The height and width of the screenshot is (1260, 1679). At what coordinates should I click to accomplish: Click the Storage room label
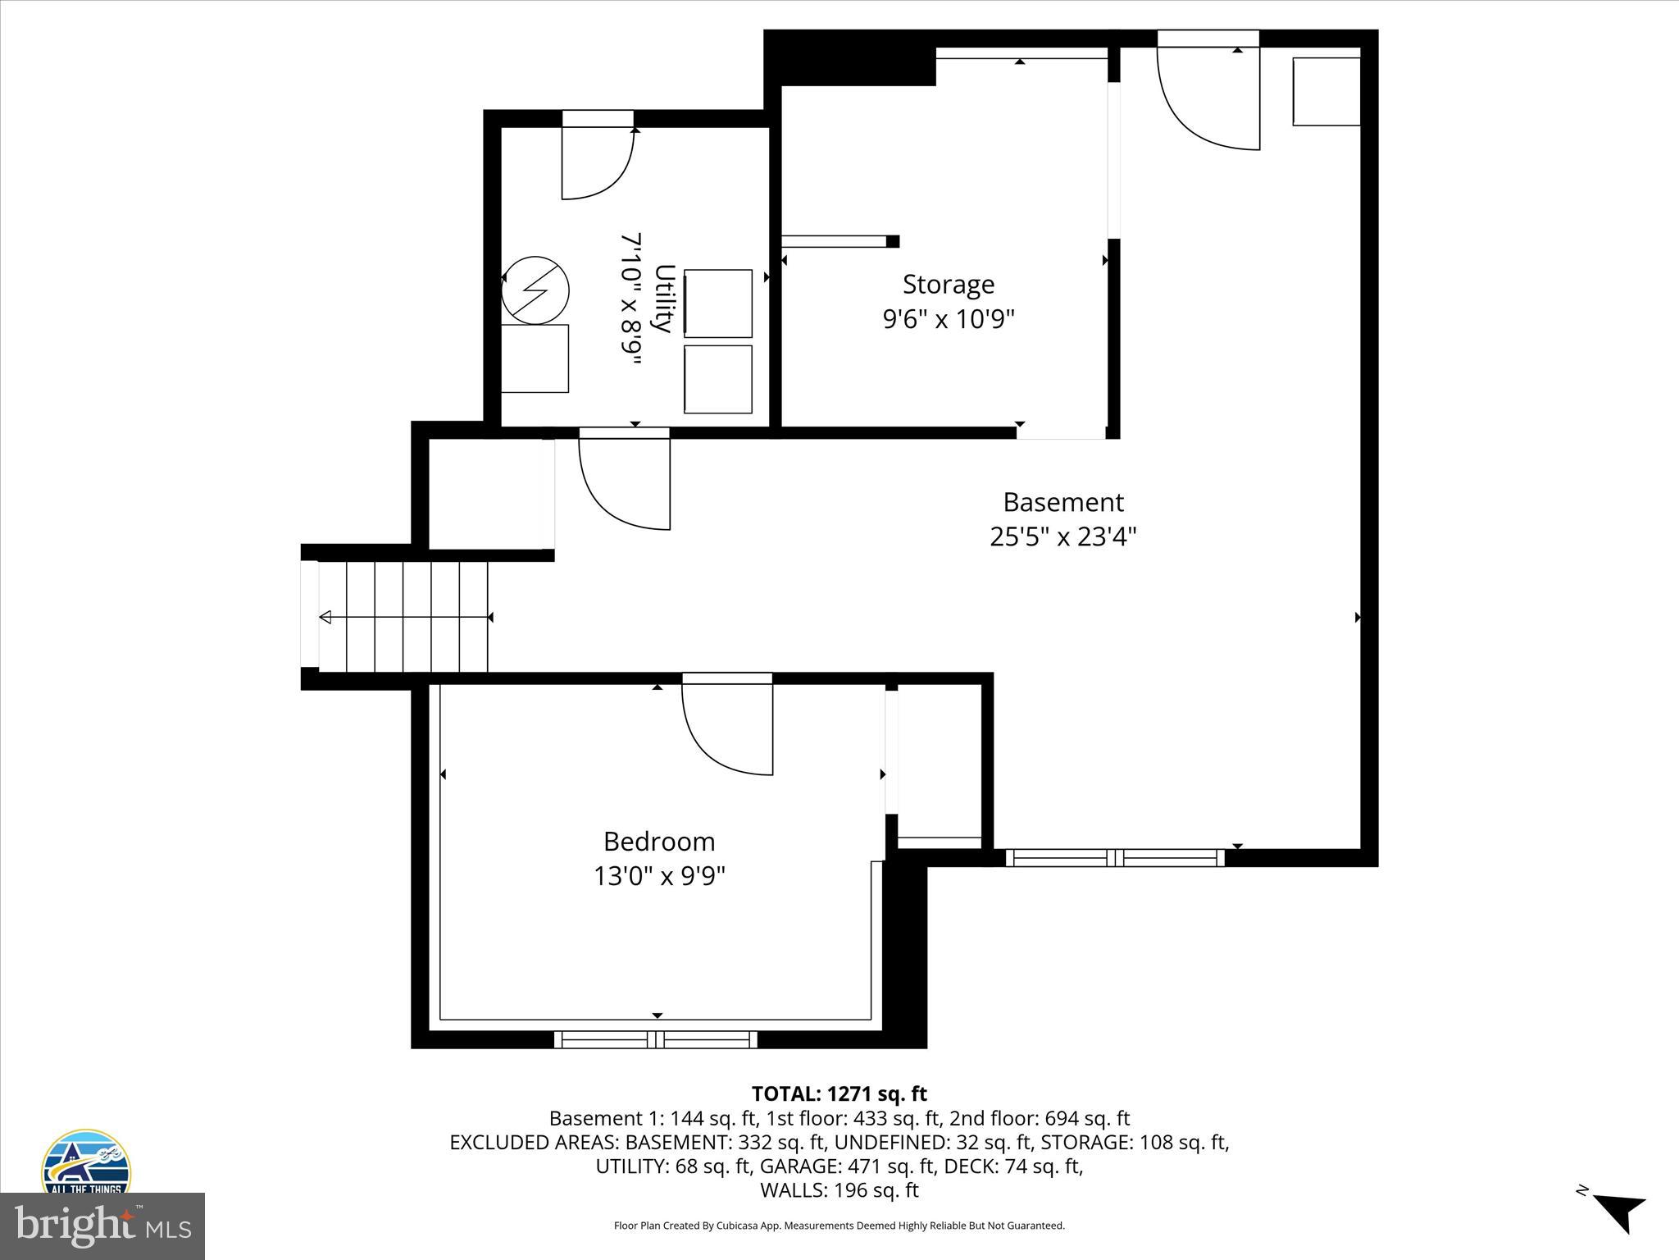click(x=948, y=285)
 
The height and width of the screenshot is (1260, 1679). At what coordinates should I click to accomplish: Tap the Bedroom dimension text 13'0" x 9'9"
click(x=659, y=876)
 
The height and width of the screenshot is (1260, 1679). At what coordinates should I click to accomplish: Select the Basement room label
click(x=1063, y=502)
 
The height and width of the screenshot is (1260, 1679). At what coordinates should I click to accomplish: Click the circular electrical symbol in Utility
click(x=535, y=290)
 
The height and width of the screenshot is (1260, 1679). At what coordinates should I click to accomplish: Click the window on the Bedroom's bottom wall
click(x=656, y=1040)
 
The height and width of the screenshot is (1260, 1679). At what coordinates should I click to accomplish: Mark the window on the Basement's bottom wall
click(x=1115, y=858)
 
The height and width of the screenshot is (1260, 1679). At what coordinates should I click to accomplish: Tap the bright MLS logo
click(x=102, y=1226)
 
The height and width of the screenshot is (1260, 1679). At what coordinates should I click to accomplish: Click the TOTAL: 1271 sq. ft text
click(x=839, y=1093)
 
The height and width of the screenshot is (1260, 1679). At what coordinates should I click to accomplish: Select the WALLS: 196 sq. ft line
click(x=839, y=1189)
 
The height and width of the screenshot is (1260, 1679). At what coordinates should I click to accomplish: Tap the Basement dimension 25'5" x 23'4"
click(x=1063, y=536)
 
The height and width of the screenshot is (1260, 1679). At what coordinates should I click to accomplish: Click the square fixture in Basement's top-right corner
click(x=1326, y=91)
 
